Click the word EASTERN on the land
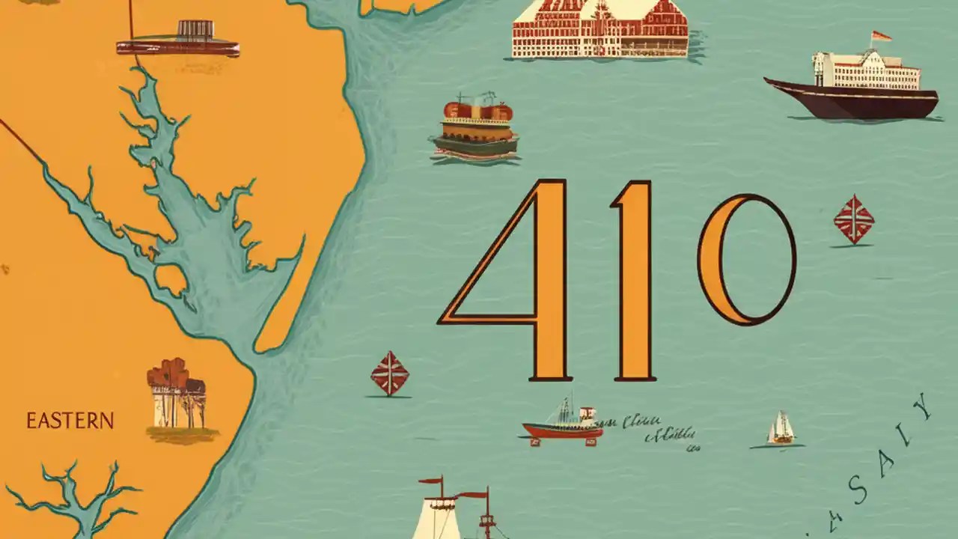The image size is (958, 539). click(x=70, y=421)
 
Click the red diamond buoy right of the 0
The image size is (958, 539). click(x=854, y=219)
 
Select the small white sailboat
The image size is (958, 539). click(x=781, y=429)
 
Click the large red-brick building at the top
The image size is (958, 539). click(x=599, y=28)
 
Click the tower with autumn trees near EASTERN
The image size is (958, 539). click(x=176, y=395)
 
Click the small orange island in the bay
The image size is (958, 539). click(x=171, y=279)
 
